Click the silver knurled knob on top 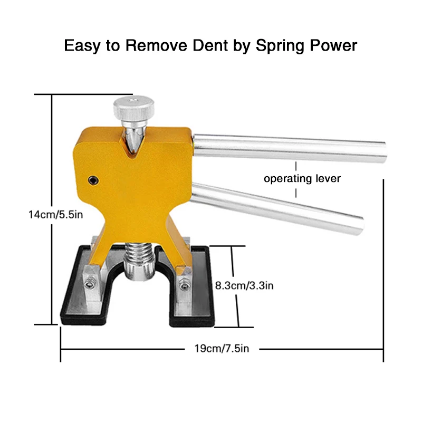[135, 108]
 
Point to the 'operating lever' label [302, 178]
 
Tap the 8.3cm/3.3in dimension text [244, 285]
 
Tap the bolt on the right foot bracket [184, 285]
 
